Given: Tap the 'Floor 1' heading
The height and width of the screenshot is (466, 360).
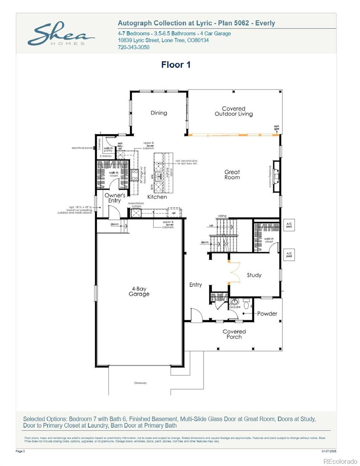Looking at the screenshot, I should pyautogui.click(x=176, y=65).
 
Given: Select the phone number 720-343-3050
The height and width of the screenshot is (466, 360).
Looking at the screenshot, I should pyautogui.click(x=133, y=47).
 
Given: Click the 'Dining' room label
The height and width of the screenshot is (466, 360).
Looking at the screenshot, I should pyautogui.click(x=159, y=113).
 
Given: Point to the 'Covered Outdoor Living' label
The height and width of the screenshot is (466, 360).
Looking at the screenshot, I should pyautogui.click(x=234, y=111).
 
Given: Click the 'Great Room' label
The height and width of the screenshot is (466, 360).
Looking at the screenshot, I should pyautogui.click(x=232, y=175).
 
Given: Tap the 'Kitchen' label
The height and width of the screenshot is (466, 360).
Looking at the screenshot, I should pyautogui.click(x=157, y=197).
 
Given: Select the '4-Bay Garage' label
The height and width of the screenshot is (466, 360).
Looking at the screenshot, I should pyautogui.click(x=139, y=291).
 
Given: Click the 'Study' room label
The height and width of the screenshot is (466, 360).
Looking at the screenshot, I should pyautogui.click(x=254, y=275).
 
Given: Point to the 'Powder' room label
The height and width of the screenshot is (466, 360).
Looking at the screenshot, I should pyautogui.click(x=267, y=313).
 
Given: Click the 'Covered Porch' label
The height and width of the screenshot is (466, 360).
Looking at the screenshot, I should pyautogui.click(x=234, y=334).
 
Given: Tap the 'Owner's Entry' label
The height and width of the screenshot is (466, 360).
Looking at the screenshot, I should pyautogui.click(x=115, y=198).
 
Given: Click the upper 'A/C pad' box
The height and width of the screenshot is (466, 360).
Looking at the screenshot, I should pyautogui.click(x=289, y=225).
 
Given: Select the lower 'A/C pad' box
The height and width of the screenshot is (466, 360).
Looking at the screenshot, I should pyautogui.click(x=289, y=254).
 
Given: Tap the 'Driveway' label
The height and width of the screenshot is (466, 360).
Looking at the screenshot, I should pyautogui.click(x=140, y=383).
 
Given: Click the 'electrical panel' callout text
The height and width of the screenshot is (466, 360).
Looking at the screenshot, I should pyautogui.click(x=82, y=148).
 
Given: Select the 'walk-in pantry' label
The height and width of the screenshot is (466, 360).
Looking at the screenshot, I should pyautogui.click(x=108, y=149).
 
